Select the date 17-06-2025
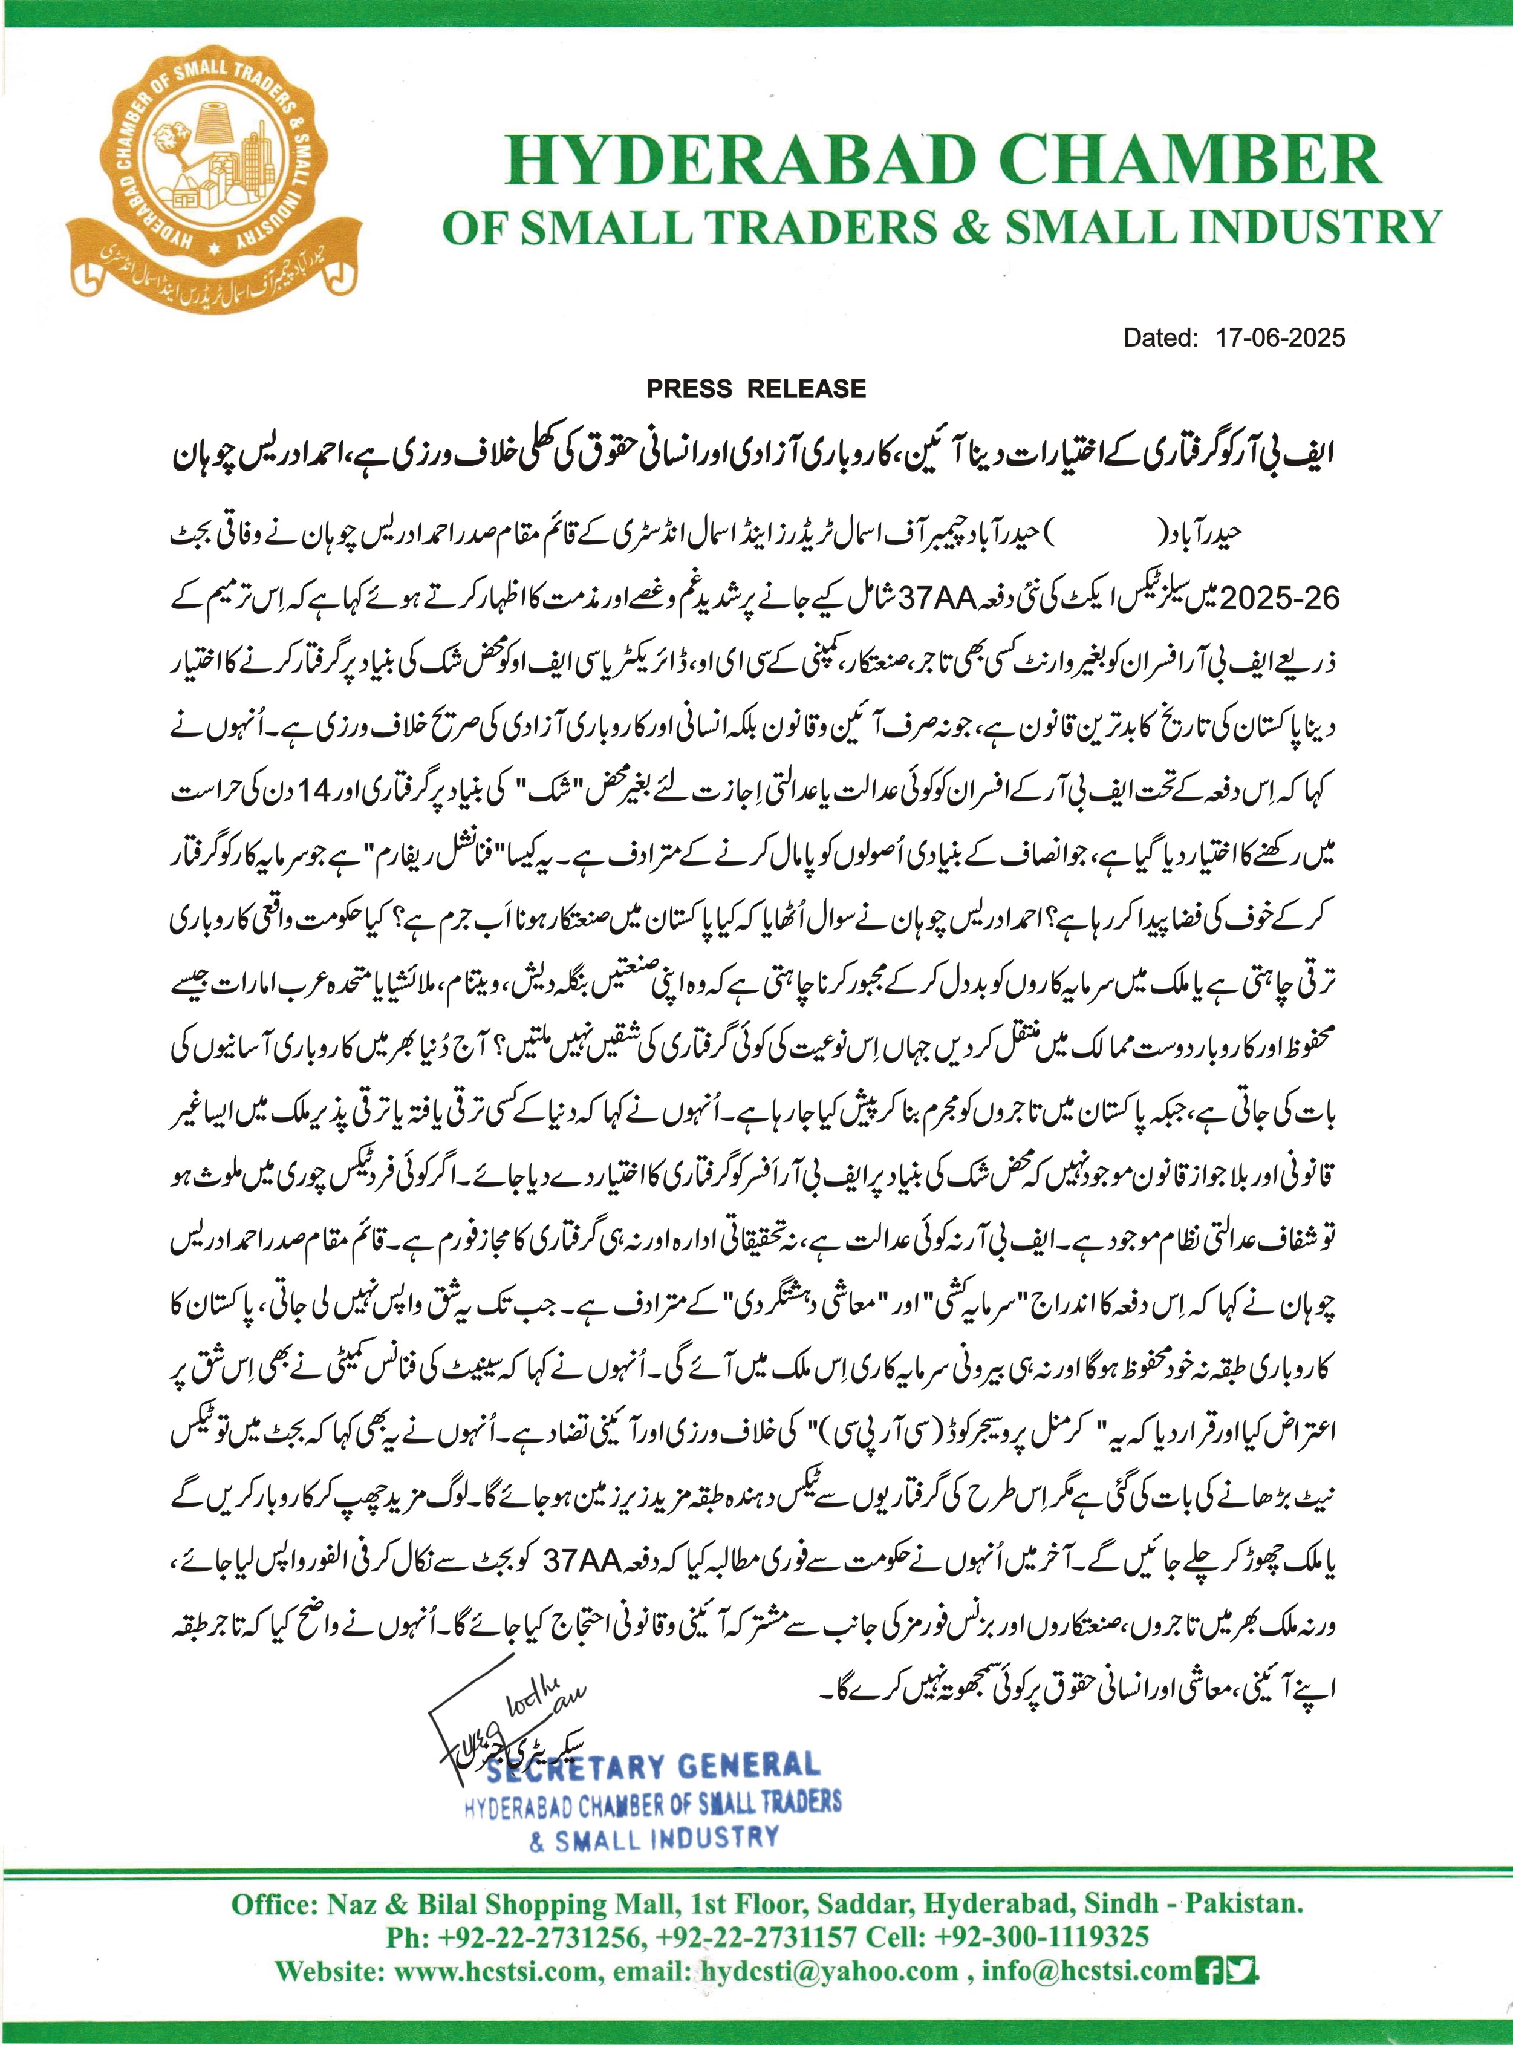(x=1280, y=338)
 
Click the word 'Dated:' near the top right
(x=1160, y=338)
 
